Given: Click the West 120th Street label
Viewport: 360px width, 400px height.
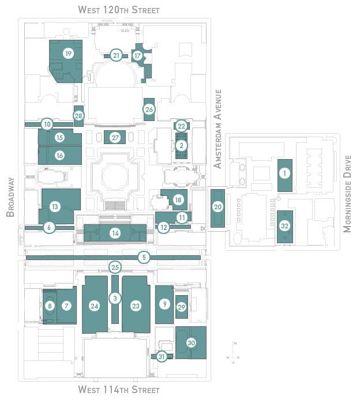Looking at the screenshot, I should [119, 10].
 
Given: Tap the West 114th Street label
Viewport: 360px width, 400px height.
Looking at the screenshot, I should [119, 390].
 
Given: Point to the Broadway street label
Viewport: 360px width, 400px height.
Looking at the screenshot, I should [10, 197].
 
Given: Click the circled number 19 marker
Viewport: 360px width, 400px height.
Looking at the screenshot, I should [69, 54].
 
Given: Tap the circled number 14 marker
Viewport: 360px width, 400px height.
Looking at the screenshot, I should [115, 233].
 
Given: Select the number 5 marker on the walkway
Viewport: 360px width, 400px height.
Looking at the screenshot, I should [144, 257].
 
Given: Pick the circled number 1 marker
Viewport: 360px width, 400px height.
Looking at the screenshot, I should [283, 172].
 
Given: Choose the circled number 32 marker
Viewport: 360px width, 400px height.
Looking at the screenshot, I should [284, 225].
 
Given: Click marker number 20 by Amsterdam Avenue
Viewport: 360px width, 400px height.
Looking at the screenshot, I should [217, 206].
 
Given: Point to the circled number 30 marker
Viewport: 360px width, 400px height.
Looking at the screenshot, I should [191, 342].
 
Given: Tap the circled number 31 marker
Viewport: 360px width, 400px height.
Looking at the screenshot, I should [162, 357].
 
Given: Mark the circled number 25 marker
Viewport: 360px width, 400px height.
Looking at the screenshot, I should [115, 267].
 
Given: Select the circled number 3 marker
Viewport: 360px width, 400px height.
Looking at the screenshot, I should [115, 298].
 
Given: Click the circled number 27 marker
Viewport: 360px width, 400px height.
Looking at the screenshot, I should [115, 138].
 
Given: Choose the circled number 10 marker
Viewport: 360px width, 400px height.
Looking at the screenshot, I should [47, 123].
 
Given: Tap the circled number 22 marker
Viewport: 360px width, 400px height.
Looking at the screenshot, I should [181, 126].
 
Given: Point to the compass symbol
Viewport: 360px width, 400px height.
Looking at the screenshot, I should [234, 350].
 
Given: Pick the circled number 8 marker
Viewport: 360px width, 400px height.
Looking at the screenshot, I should [50, 305].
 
